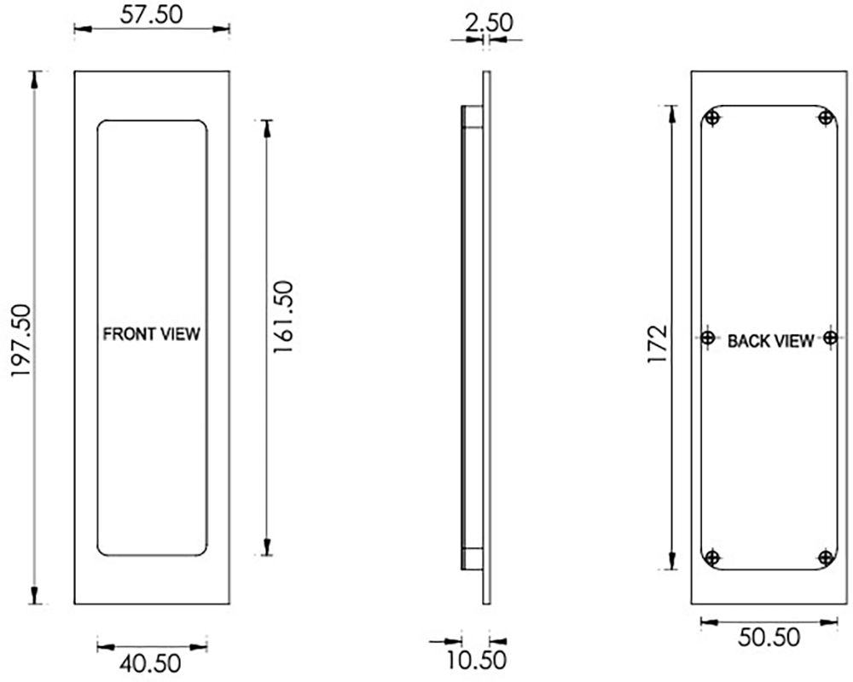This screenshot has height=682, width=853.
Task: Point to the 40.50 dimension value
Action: point(151,662)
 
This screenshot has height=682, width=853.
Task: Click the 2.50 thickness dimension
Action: point(489,22)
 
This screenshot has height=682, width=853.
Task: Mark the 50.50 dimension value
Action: point(769,639)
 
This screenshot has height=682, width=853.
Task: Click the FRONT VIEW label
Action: point(151,334)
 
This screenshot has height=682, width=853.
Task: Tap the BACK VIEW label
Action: point(770,342)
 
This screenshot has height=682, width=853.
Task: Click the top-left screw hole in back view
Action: point(713,118)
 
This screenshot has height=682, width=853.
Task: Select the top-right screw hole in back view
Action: point(825,118)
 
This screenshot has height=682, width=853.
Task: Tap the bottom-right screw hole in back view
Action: point(825,558)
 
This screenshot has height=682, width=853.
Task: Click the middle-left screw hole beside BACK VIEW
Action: point(708,338)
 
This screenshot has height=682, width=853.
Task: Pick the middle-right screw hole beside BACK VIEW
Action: point(830,338)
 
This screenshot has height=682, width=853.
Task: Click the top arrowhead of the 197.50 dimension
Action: point(35,78)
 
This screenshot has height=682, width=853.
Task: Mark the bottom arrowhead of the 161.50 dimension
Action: point(267,547)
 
